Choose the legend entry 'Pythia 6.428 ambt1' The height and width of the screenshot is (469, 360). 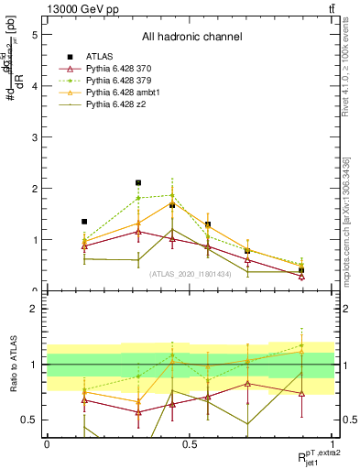click(x=128, y=93)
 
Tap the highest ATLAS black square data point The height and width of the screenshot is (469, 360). click(x=138, y=183)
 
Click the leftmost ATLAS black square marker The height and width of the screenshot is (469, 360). click(x=84, y=222)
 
